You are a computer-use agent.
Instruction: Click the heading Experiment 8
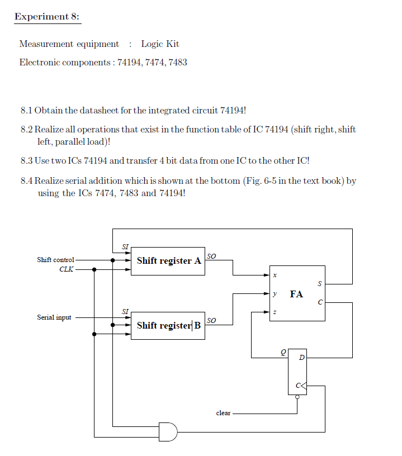click(47, 16)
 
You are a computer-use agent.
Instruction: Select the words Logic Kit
click(160, 44)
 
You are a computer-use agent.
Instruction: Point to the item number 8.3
click(26, 161)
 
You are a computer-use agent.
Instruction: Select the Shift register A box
click(168, 260)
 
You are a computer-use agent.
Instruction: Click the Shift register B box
click(168, 325)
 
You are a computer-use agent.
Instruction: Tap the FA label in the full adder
click(296, 294)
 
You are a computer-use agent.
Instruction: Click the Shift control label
click(55, 260)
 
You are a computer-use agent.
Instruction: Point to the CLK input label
click(66, 269)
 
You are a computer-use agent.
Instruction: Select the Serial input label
click(54, 317)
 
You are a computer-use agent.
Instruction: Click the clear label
click(223, 413)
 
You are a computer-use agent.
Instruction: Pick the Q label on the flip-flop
click(283, 352)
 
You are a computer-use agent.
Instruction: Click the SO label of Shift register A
click(211, 256)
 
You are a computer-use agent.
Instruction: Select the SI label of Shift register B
click(125, 311)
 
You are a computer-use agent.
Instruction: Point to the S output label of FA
click(319, 284)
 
